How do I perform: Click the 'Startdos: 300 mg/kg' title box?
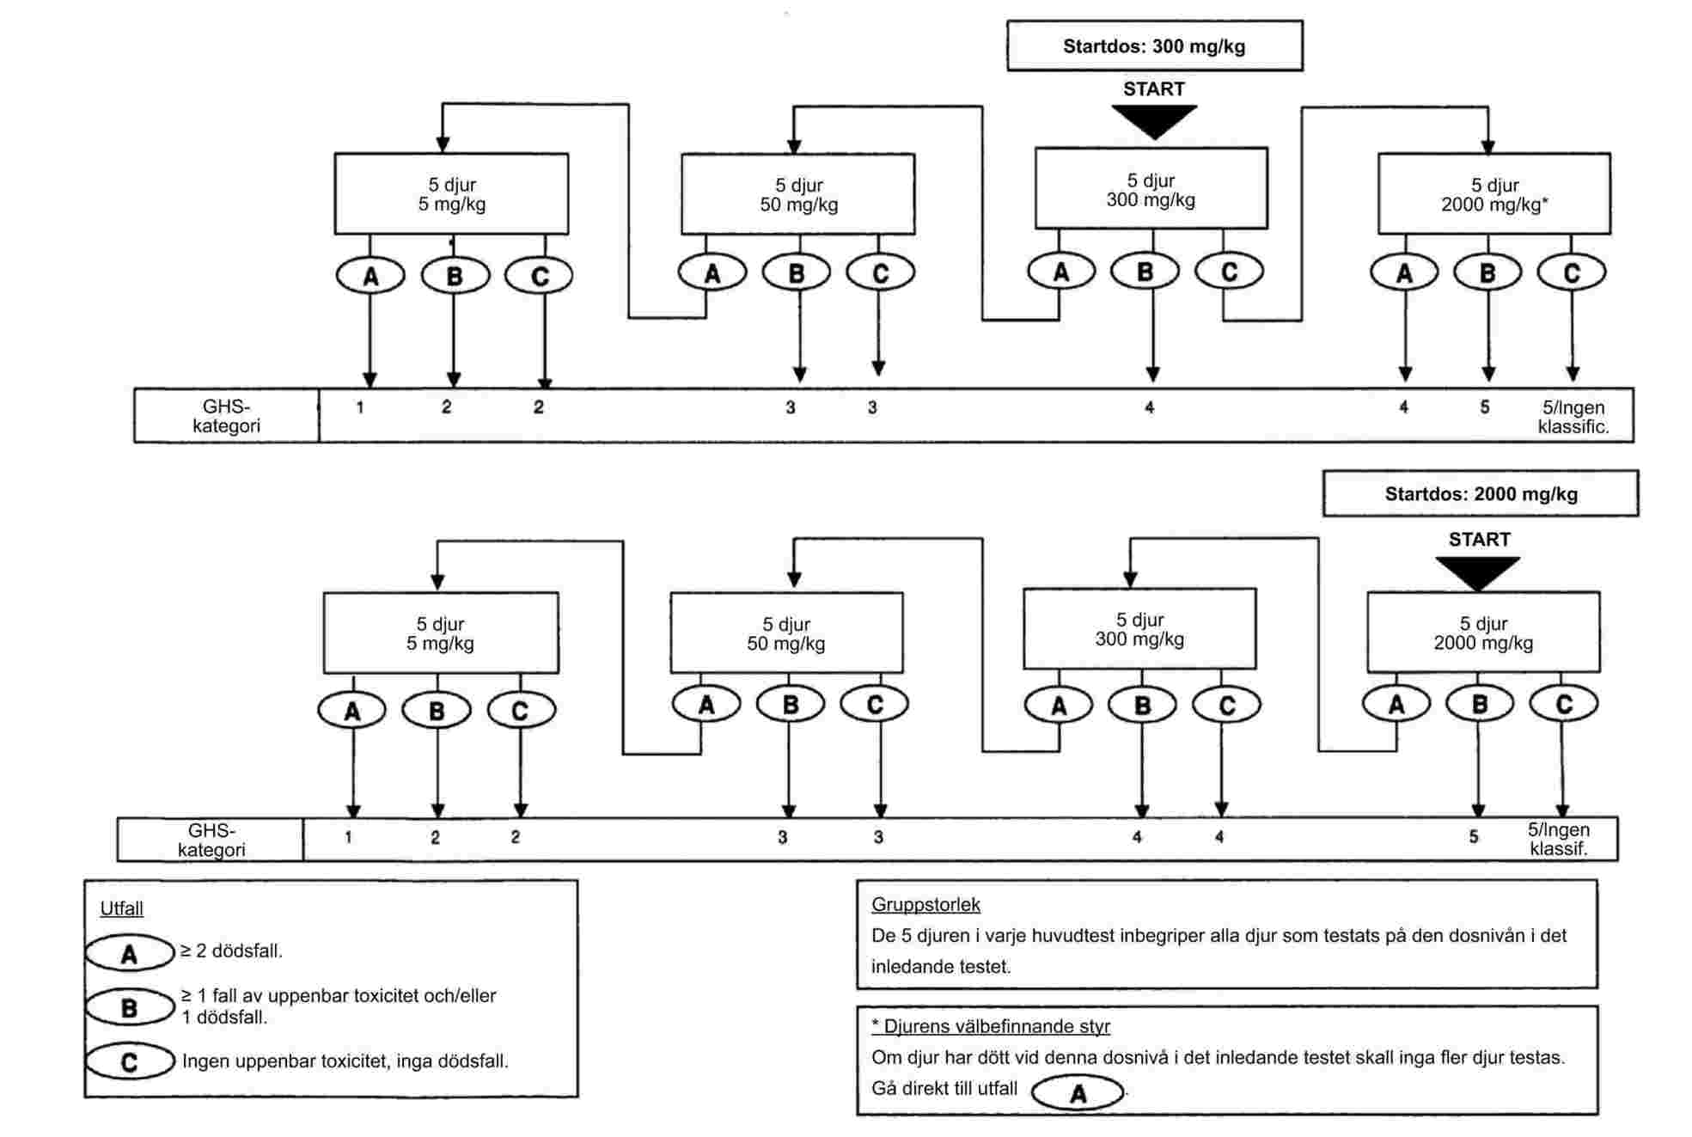pyautogui.click(x=1154, y=46)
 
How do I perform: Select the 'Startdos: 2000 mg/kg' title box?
pyautogui.click(x=1480, y=494)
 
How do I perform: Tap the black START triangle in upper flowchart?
pyautogui.click(x=1154, y=119)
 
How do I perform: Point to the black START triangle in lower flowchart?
pyautogui.click(x=1477, y=571)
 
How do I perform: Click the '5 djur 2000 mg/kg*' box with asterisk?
pyautogui.click(x=1493, y=194)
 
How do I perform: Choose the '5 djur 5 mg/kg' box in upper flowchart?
pyautogui.click(x=451, y=194)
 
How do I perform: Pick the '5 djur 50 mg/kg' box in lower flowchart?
pyautogui.click(x=786, y=633)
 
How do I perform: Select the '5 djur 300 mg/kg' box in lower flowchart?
pyautogui.click(x=1139, y=629)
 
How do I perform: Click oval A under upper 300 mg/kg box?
pyautogui.click(x=1061, y=272)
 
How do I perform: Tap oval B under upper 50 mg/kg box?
pyautogui.click(x=797, y=273)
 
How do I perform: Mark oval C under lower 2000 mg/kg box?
pyautogui.click(x=1563, y=705)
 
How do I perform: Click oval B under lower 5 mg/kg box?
pyautogui.click(x=437, y=711)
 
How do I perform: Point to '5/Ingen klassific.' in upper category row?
pyautogui.click(x=1573, y=417)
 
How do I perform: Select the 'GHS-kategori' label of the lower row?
pyautogui.click(x=211, y=840)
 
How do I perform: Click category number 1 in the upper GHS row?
pyautogui.click(x=360, y=407)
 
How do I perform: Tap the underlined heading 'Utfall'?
pyautogui.click(x=122, y=908)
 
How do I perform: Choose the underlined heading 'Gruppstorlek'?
pyautogui.click(x=925, y=904)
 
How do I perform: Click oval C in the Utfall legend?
pyautogui.click(x=130, y=1061)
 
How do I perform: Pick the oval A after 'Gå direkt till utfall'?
pyautogui.click(x=1078, y=1093)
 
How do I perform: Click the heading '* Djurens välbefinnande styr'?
pyautogui.click(x=991, y=1026)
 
